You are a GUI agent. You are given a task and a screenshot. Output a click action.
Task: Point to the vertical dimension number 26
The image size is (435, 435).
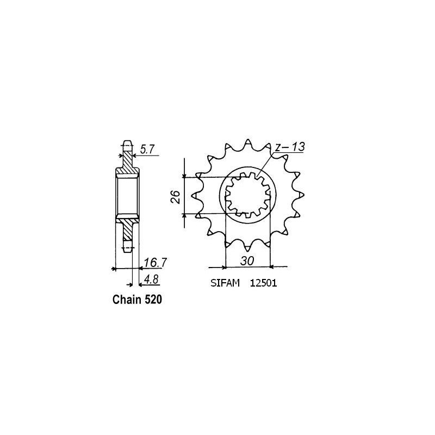tap(175, 196)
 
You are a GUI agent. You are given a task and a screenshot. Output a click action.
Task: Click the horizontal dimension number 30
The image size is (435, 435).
tap(247, 262)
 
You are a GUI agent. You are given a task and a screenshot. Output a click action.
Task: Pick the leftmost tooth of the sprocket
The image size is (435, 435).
tap(197, 196)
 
